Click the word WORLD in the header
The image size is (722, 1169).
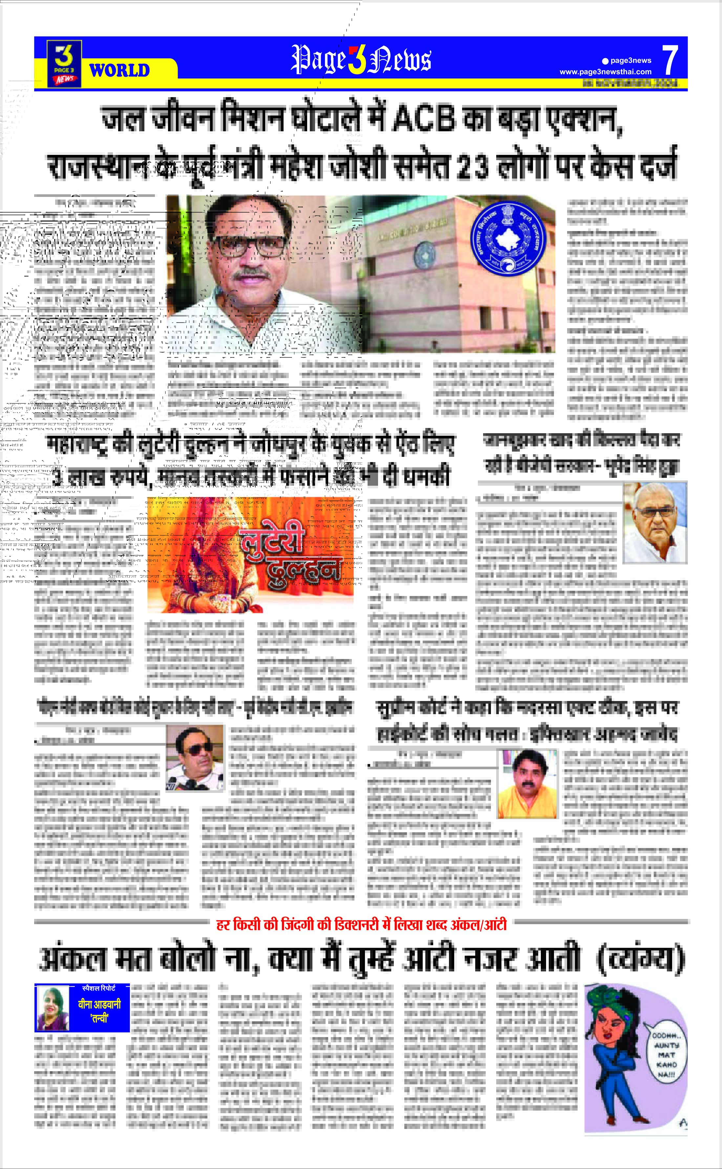[x=119, y=70]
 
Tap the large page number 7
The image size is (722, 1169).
[x=670, y=61]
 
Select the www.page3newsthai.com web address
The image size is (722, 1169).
[x=605, y=72]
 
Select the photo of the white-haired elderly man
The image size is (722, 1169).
[x=655, y=522]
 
